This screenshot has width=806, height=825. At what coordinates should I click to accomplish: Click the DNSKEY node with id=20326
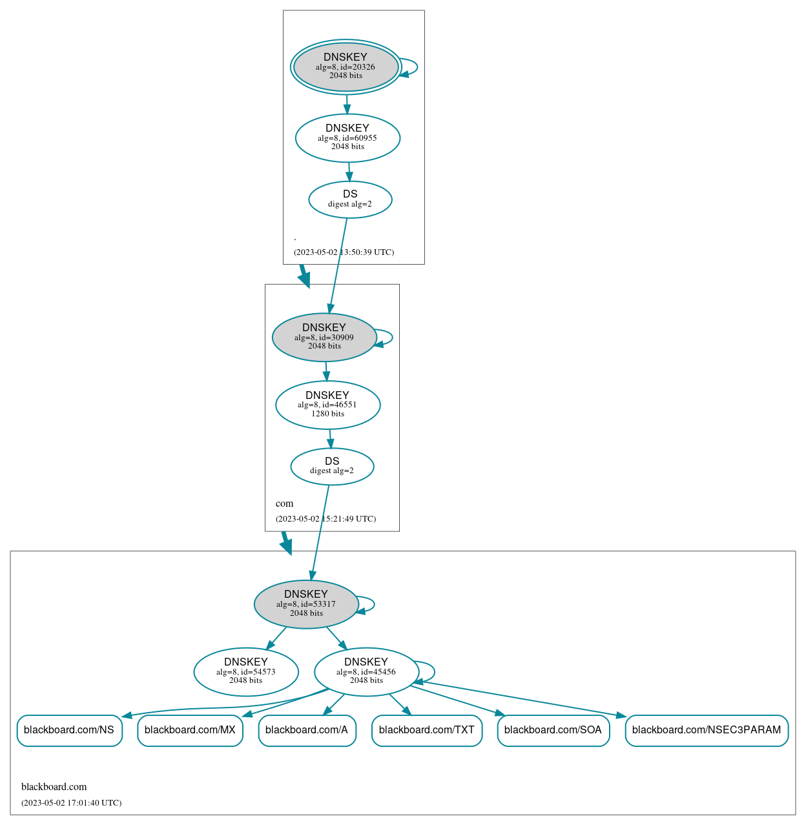click(x=346, y=66)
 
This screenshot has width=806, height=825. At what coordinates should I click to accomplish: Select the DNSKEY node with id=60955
click(x=347, y=137)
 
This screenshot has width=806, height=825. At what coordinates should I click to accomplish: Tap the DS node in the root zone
click(x=350, y=199)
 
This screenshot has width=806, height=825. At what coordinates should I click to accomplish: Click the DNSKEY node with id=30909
click(x=324, y=337)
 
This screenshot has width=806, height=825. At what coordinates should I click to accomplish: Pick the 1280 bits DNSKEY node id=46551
click(x=327, y=405)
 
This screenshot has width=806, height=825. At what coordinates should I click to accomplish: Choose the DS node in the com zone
click(x=332, y=466)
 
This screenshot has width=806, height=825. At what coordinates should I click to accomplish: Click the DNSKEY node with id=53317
click(x=306, y=604)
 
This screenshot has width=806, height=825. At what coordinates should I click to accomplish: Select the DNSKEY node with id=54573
click(x=246, y=671)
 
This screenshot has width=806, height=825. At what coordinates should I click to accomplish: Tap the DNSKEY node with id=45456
click(x=366, y=671)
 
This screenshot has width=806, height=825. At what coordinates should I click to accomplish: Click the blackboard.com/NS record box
click(x=69, y=730)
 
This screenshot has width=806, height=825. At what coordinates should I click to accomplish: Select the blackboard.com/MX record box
click(x=190, y=730)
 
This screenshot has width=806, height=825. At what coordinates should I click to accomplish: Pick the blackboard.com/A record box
click(x=307, y=730)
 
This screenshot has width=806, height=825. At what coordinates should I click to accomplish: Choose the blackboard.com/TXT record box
click(x=427, y=730)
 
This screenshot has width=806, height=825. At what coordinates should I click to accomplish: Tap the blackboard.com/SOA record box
click(x=553, y=730)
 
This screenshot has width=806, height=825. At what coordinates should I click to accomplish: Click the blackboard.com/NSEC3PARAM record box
click(x=707, y=730)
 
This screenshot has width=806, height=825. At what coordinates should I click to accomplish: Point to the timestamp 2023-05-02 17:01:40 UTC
click(x=71, y=803)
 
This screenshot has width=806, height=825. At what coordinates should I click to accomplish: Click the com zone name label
click(x=284, y=504)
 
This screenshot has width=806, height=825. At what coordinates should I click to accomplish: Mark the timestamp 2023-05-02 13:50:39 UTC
click(x=344, y=252)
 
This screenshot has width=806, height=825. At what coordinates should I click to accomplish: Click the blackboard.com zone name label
click(x=54, y=787)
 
